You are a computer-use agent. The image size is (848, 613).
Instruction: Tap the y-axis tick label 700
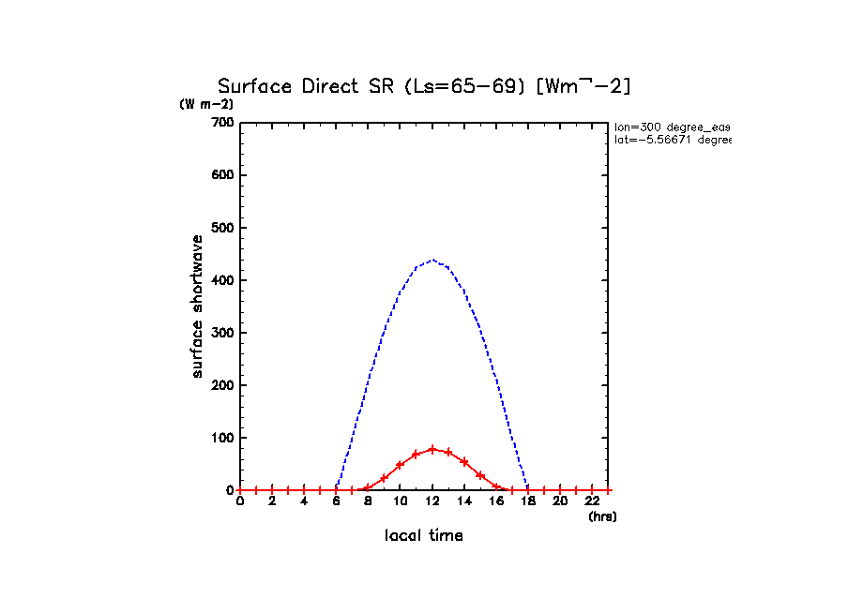click(x=222, y=123)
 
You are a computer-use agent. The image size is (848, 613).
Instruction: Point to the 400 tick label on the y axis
click(x=222, y=280)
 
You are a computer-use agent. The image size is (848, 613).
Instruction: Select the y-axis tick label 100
click(x=222, y=438)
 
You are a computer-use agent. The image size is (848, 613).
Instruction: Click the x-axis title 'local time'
click(x=424, y=536)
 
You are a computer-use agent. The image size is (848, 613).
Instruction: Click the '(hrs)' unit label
click(x=602, y=516)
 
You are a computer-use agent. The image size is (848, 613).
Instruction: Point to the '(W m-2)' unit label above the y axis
click(x=206, y=104)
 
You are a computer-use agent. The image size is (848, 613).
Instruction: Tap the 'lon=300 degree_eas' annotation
click(x=672, y=127)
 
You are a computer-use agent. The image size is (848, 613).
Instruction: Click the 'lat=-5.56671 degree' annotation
click(x=672, y=140)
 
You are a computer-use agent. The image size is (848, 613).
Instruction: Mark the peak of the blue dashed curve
click(x=432, y=260)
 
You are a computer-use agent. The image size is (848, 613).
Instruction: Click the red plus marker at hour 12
click(x=432, y=449)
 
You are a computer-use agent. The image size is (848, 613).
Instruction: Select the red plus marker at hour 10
click(x=400, y=465)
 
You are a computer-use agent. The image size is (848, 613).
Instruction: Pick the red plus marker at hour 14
click(x=463, y=462)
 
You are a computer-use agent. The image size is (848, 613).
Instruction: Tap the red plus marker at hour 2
click(x=272, y=490)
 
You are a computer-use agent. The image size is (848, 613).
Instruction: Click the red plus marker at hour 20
click(x=559, y=490)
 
